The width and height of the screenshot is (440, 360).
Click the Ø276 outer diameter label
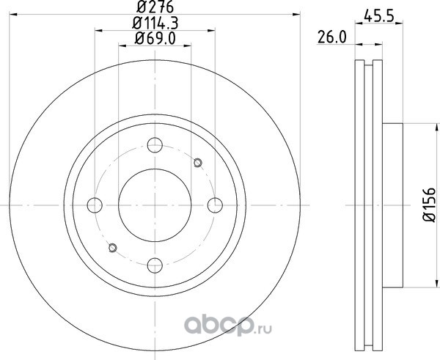click(x=155, y=7)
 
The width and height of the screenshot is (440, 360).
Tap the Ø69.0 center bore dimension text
click(x=155, y=38)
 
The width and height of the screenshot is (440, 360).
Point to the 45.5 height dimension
click(x=379, y=15)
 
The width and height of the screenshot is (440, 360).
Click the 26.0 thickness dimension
click(x=332, y=37)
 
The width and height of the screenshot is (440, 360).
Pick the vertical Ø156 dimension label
click(x=429, y=205)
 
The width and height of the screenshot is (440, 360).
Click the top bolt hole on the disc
click(x=155, y=145)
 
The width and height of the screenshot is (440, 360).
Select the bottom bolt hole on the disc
click(x=155, y=265)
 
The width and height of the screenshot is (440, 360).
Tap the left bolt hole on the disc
click(x=95, y=205)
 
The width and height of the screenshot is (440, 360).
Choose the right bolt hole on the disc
click(x=215, y=205)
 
